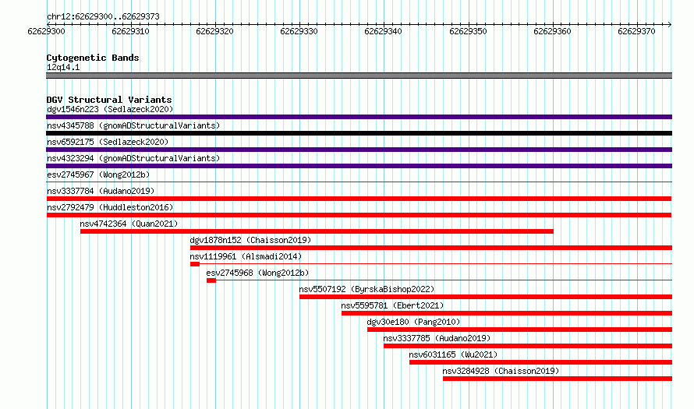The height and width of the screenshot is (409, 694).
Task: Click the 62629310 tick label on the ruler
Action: pos(130,31)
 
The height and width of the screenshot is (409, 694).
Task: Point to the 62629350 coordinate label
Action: pos(468,31)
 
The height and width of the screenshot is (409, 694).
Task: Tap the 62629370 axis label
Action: pos(636,31)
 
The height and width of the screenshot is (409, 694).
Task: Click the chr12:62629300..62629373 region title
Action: pos(103,17)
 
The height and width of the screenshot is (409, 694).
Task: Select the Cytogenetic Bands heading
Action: pos(93,58)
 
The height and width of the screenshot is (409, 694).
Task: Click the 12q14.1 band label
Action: pos(63,67)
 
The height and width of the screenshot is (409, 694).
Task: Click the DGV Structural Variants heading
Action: pos(109,100)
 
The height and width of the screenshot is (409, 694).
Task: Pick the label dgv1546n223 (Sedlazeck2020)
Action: pos(110,109)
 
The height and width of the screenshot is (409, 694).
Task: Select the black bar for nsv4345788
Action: pos(359,133)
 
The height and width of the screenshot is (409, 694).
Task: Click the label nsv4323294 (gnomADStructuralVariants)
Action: pos(133,158)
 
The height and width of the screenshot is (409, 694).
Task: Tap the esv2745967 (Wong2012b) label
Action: pos(98,175)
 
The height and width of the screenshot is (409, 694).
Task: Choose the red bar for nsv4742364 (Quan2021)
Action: pos(317,231)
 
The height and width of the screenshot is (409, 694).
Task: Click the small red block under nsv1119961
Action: pos(195,264)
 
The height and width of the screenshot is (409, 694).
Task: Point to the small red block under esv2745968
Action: pos(211,280)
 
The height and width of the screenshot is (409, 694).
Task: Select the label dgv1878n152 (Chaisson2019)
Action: pos(250,240)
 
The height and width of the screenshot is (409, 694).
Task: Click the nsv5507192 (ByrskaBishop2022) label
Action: pos(367,289)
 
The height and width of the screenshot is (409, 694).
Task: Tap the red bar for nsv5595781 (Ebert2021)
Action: pos(507,313)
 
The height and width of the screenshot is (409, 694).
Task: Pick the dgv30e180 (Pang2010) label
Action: pos(413,322)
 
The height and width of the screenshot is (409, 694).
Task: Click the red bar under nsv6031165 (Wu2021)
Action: pos(541,362)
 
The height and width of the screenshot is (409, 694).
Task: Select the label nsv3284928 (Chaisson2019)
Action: pos(501,371)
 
